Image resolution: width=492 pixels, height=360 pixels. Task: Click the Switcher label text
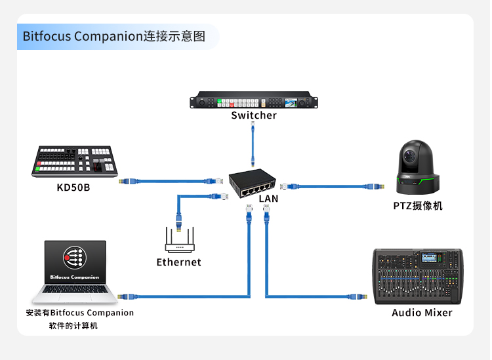[x=254, y=115]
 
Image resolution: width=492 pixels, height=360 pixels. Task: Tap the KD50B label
[x=73, y=188]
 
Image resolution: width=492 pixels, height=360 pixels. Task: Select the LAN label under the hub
[x=268, y=198]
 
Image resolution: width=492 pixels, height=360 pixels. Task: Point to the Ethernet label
[x=178, y=262]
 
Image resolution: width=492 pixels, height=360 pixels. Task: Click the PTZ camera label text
[x=418, y=206]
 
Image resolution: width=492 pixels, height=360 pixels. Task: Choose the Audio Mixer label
[x=422, y=313]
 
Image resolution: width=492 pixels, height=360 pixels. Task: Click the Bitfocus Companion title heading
[x=113, y=36]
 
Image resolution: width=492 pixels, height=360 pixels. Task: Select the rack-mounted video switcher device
[x=254, y=102]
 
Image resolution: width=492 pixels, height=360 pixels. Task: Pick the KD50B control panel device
[x=74, y=161]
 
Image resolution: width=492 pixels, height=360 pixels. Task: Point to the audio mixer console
[x=419, y=275]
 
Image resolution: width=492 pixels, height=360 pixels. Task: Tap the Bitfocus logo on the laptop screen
[x=73, y=258]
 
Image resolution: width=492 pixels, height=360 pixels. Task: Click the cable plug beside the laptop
[x=127, y=296]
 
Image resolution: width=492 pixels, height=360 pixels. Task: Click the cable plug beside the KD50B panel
[x=128, y=180]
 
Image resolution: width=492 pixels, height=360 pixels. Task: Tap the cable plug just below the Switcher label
[x=253, y=127]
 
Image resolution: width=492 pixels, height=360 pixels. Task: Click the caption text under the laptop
[x=79, y=319]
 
